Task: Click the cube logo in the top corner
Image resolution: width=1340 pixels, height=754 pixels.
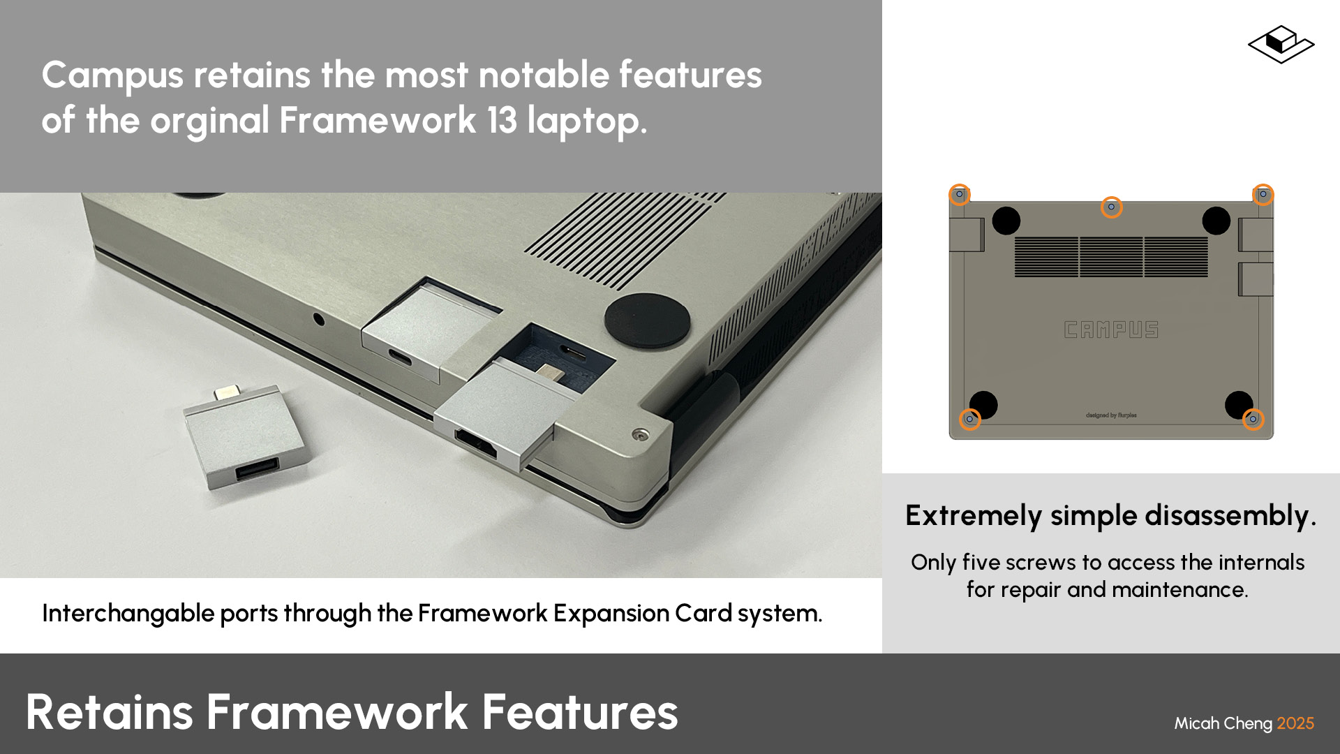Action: pos(1281,45)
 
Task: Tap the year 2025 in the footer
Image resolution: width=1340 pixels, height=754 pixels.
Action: pos(1295,723)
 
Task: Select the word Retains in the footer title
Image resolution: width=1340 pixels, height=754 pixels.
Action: pos(109,712)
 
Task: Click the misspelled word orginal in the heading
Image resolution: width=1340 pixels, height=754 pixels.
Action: pos(209,120)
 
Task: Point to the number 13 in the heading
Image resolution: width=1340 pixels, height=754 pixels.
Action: pos(502,120)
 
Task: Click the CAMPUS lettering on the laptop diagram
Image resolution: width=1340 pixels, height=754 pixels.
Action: pos(1111,330)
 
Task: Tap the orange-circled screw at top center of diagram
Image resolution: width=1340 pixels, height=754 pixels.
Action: pos(1111,207)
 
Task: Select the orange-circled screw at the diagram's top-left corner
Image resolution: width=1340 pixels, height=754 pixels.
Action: pos(960,194)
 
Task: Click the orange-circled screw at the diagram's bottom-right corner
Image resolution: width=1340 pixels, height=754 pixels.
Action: pos(1253,419)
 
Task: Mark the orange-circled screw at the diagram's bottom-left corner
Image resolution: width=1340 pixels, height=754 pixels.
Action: pos(969,419)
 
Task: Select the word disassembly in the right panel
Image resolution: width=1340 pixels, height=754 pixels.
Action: pos(1230,516)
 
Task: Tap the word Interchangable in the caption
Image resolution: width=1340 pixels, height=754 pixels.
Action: pos(128,613)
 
